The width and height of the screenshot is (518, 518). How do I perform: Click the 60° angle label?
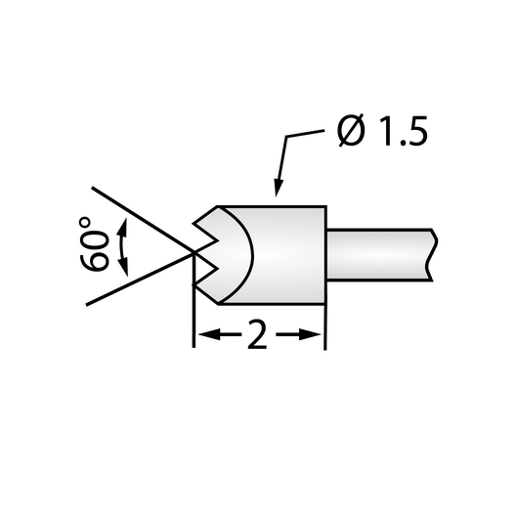(95, 243)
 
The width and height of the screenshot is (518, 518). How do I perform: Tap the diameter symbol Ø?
(351, 131)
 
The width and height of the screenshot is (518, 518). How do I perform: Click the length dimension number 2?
(257, 334)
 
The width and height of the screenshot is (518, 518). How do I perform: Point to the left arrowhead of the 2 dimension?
(209, 334)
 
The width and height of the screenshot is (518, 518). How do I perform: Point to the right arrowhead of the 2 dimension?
(310, 334)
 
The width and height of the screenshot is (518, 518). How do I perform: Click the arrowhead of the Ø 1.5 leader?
(279, 188)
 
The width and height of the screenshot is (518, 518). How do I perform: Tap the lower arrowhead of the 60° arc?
(123, 267)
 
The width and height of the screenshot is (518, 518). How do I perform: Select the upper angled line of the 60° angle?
(143, 220)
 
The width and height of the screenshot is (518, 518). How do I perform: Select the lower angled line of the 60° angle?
(140, 280)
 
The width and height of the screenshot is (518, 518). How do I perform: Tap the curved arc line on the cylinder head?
(253, 255)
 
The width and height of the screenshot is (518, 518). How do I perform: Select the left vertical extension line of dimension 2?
(194, 301)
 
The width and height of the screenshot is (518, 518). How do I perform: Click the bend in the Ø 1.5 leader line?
(286, 136)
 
